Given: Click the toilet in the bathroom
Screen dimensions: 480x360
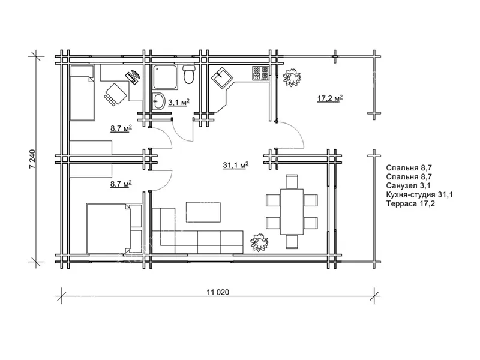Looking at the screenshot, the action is pos(189,74).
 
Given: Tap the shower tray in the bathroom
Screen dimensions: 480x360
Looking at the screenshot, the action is pos(165,77).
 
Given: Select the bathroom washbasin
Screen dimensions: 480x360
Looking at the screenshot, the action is pos(158,101).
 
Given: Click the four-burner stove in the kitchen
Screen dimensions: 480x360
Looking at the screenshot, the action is pos(260,73).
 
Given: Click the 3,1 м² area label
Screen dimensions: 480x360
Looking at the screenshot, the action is pos(179,102).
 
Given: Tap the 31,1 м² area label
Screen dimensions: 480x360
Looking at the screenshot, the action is pos(235,166).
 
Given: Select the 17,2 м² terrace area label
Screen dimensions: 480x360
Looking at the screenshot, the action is pos(329,98).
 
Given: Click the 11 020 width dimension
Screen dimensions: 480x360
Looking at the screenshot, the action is pos(218,292).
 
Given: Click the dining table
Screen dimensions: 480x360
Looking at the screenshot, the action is pos(292,212).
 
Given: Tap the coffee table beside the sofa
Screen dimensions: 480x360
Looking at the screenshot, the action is pos(203,212).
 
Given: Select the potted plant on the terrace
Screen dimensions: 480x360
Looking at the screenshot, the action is pos(291,77).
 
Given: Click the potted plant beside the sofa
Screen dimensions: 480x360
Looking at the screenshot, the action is pos(259,242).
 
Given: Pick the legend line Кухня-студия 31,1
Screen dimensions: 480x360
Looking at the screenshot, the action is pos(419,194).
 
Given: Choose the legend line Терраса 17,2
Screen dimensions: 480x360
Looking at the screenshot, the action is pos(410,203).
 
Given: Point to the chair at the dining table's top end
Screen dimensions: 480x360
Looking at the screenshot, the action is pos(292,181).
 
